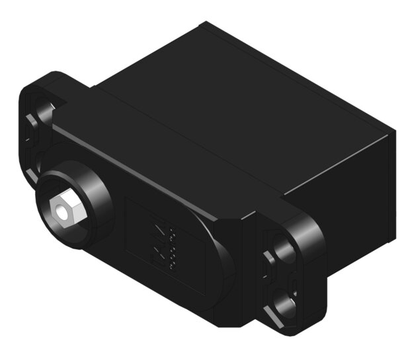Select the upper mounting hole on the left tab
point(44,110)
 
